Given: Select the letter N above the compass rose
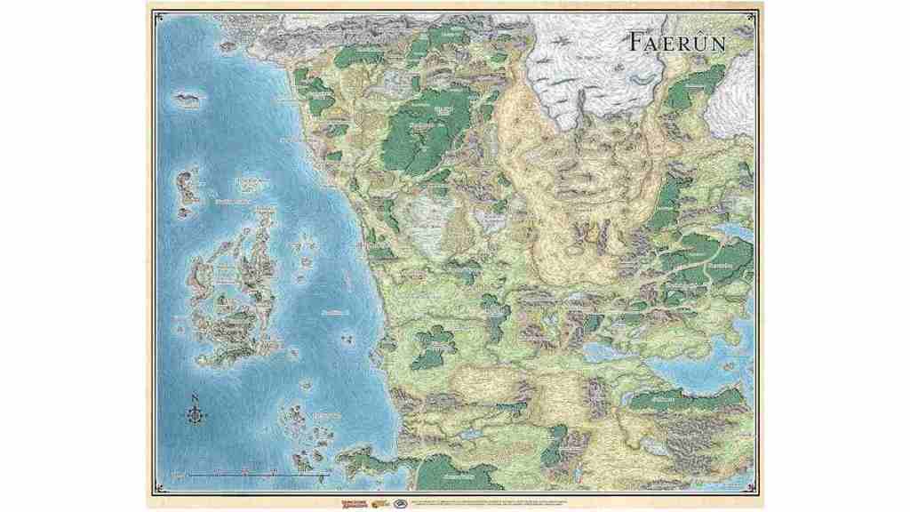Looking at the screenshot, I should (194, 396).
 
